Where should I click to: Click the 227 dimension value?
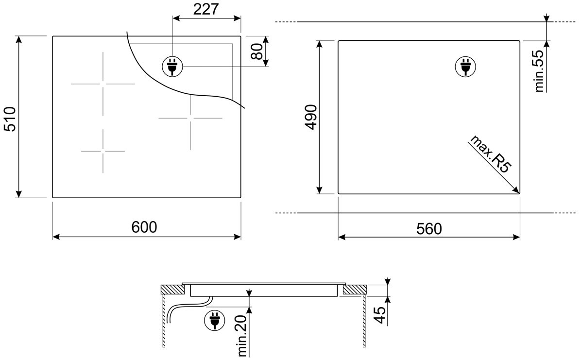click(206, 9)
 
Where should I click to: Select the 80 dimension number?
click(256, 51)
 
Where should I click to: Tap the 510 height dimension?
click(10, 119)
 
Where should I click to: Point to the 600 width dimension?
click(144, 227)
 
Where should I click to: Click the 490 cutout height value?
click(311, 117)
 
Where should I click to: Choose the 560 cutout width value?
click(429, 229)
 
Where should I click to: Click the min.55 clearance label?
click(539, 70)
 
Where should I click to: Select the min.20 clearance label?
click(242, 336)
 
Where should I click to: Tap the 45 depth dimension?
click(380, 315)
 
